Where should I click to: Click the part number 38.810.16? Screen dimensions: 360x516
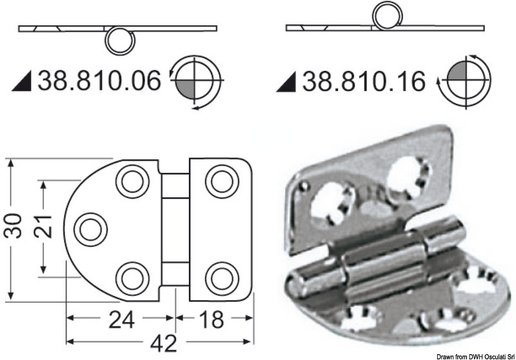pos(364,82)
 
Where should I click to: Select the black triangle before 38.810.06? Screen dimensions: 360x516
pos(23,82)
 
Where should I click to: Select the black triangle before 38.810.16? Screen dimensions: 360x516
pos(288,83)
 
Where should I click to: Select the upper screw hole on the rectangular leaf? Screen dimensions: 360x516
pos(221,181)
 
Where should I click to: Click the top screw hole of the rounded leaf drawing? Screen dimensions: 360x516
pos(132,181)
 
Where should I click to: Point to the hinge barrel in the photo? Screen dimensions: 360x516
pos(381,255)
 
